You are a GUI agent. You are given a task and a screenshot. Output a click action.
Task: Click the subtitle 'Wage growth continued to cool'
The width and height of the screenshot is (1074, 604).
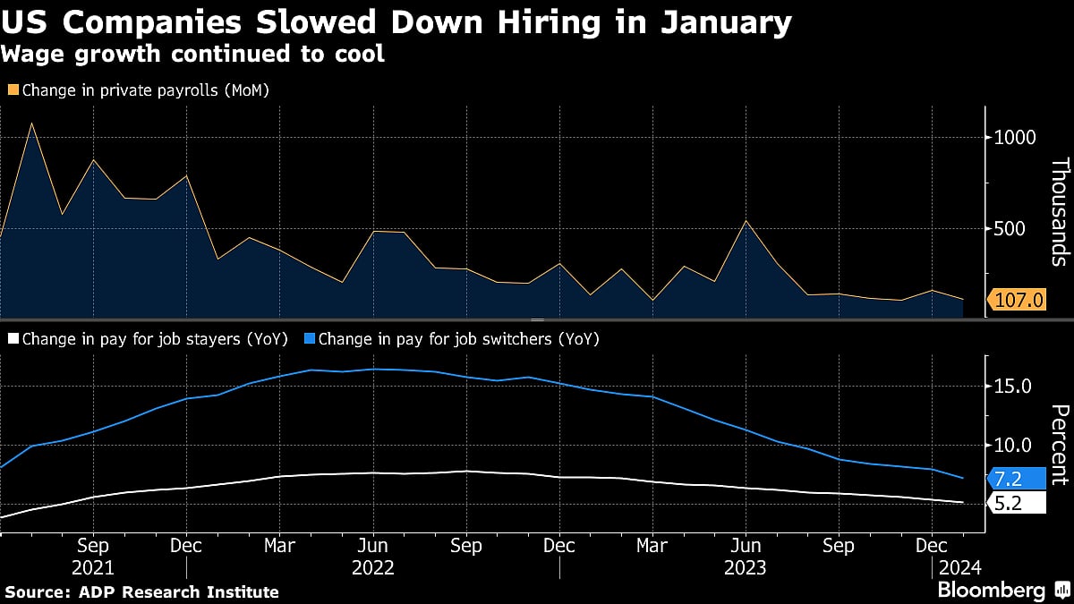click(192, 54)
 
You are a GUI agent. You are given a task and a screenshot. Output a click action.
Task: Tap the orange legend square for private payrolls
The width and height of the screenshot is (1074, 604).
click(13, 90)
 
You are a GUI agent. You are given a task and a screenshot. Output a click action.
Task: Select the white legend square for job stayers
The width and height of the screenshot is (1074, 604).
click(13, 339)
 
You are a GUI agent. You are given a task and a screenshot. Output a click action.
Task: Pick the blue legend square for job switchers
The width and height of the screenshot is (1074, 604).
click(309, 339)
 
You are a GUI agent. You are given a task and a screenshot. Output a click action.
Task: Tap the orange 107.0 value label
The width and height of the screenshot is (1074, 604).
click(1019, 300)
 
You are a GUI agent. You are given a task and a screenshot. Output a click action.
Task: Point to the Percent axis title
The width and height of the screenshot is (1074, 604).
click(1060, 444)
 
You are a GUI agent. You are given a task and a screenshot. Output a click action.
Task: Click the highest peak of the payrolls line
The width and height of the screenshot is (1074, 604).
click(32, 123)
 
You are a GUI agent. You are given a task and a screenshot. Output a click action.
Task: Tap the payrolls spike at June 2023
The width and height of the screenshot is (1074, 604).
click(746, 221)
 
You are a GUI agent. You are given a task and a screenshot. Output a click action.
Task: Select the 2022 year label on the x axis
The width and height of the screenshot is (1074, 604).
click(373, 567)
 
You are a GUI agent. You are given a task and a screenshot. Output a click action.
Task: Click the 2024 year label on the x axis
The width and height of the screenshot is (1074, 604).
click(959, 567)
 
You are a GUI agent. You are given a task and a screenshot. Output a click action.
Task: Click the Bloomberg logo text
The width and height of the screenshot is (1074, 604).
click(991, 591)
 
